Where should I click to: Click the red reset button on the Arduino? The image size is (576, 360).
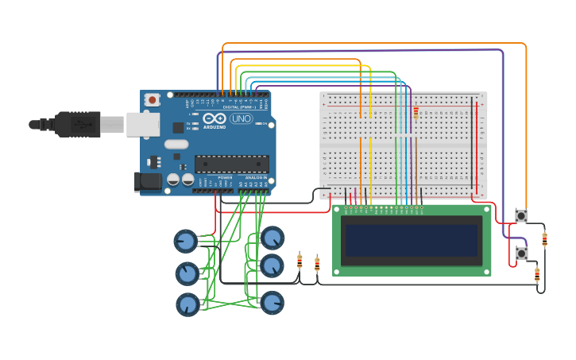(152, 100)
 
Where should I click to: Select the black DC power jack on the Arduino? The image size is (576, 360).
(148, 181)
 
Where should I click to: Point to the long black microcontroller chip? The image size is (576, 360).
(231, 165)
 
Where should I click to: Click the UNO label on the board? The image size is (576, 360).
(241, 119)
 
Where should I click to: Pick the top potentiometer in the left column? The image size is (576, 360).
(185, 240)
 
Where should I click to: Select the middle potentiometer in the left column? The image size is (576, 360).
(187, 273)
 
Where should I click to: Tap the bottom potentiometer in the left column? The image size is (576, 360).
(187, 304)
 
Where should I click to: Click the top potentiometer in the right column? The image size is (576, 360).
(273, 238)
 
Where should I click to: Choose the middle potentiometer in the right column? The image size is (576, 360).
(272, 265)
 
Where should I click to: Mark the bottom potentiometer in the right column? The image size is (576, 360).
(272, 302)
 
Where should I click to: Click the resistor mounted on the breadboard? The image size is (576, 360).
(416, 114)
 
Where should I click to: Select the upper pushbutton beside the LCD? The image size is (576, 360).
(521, 215)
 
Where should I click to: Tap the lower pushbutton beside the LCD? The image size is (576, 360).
(521, 253)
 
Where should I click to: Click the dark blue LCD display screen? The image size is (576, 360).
(412, 239)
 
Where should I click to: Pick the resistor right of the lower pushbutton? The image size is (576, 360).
(537, 275)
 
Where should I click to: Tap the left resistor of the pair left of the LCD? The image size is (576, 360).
(300, 261)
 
